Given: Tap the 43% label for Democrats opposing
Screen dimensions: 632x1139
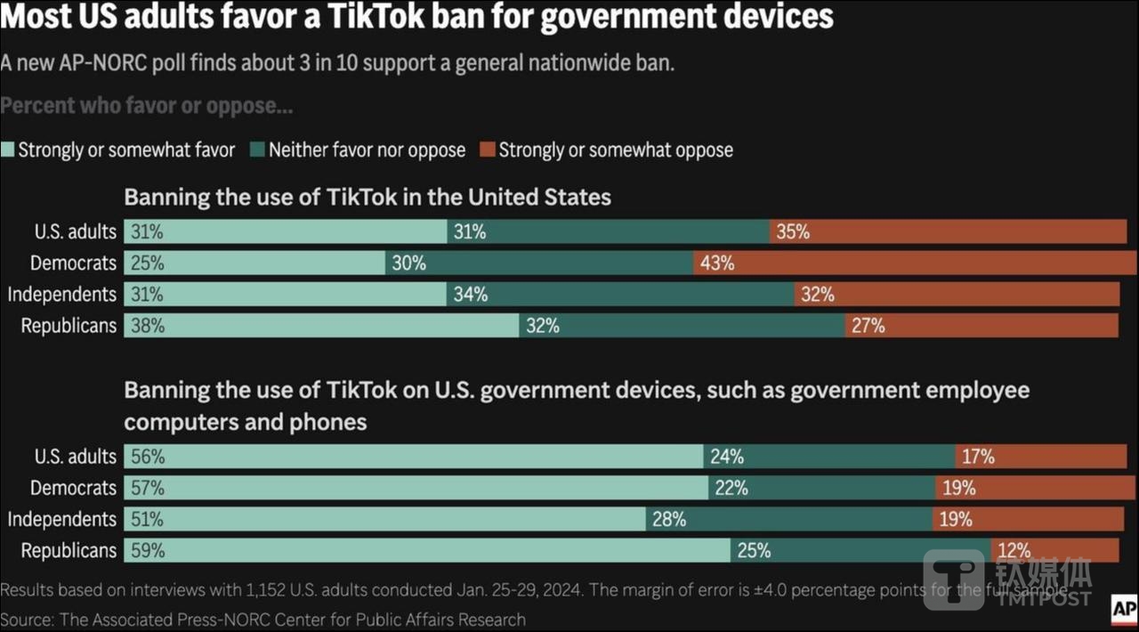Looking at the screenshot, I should (x=716, y=263).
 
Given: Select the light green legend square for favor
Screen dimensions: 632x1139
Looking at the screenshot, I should (x=8, y=150).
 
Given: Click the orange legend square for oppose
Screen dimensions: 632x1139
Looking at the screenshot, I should (x=488, y=150).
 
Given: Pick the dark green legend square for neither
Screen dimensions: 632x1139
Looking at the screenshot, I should (x=258, y=150).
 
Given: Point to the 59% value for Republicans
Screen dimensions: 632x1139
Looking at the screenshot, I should (x=148, y=551).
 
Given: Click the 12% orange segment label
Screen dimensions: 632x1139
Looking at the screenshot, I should (x=1014, y=551).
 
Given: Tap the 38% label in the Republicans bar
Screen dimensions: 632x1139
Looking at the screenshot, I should (x=148, y=326).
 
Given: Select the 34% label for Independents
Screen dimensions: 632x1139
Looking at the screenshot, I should (x=470, y=295).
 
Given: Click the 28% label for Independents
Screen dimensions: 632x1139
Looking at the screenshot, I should (x=669, y=520).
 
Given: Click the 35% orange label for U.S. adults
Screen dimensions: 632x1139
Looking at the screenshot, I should (x=792, y=232).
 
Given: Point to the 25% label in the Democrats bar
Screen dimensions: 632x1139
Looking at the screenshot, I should (x=148, y=263).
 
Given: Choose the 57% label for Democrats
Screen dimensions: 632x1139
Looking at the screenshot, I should (x=148, y=489).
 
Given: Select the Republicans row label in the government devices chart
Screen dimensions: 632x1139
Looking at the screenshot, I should (x=69, y=551).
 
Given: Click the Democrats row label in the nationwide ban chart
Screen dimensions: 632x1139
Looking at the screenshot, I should (x=73, y=263).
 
